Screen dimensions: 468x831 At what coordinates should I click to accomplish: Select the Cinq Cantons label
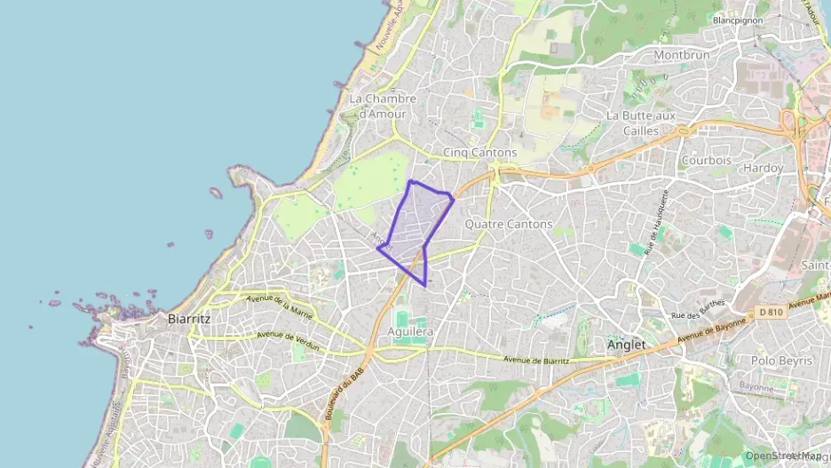tap(479, 153)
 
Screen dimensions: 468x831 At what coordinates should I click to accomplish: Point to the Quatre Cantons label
tap(509, 225)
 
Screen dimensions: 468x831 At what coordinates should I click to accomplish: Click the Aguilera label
tap(411, 331)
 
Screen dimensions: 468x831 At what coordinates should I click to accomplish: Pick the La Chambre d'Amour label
tap(377, 106)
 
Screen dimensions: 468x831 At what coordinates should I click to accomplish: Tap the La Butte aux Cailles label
tap(641, 123)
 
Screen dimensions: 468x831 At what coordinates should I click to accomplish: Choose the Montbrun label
tap(682, 55)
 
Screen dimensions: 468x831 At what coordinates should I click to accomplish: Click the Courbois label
tap(707, 161)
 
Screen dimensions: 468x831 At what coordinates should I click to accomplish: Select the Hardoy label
tap(764, 168)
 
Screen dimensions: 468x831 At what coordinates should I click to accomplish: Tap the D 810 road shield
tap(772, 312)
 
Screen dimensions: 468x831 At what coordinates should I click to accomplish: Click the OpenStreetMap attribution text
tap(782, 456)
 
